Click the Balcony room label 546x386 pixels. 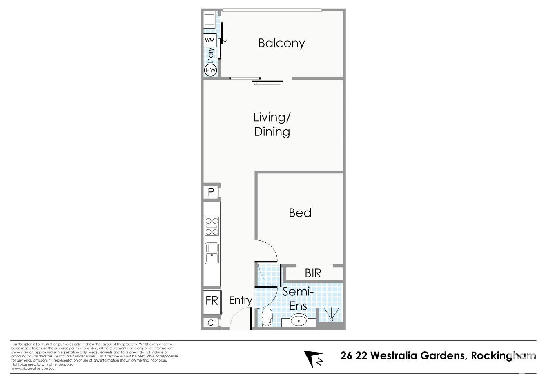click(281, 43)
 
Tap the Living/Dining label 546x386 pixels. click(272, 124)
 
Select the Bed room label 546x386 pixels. click(300, 213)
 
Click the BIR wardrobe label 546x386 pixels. click(313, 273)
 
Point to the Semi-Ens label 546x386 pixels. click(298, 299)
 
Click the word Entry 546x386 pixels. click(240, 301)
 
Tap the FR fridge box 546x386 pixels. click(212, 301)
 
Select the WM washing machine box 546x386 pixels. click(209, 40)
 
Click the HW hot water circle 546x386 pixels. click(210, 70)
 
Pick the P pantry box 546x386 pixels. click(211, 192)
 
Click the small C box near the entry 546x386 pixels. click(210, 323)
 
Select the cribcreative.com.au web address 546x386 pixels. click(33, 368)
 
